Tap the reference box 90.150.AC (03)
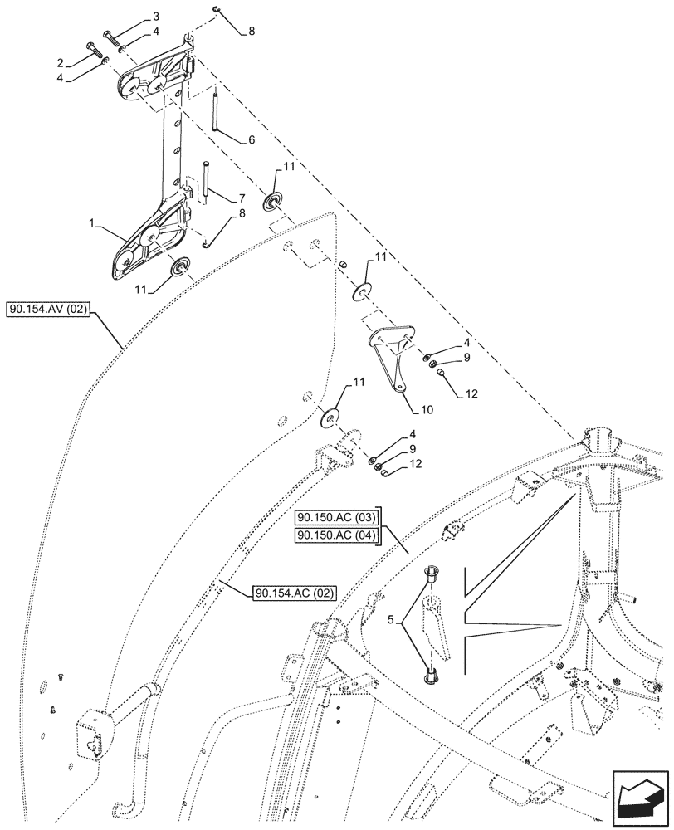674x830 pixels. pyautogui.click(x=336, y=520)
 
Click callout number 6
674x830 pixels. pyautogui.click(x=250, y=139)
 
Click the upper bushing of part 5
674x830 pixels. pyautogui.click(x=432, y=574)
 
